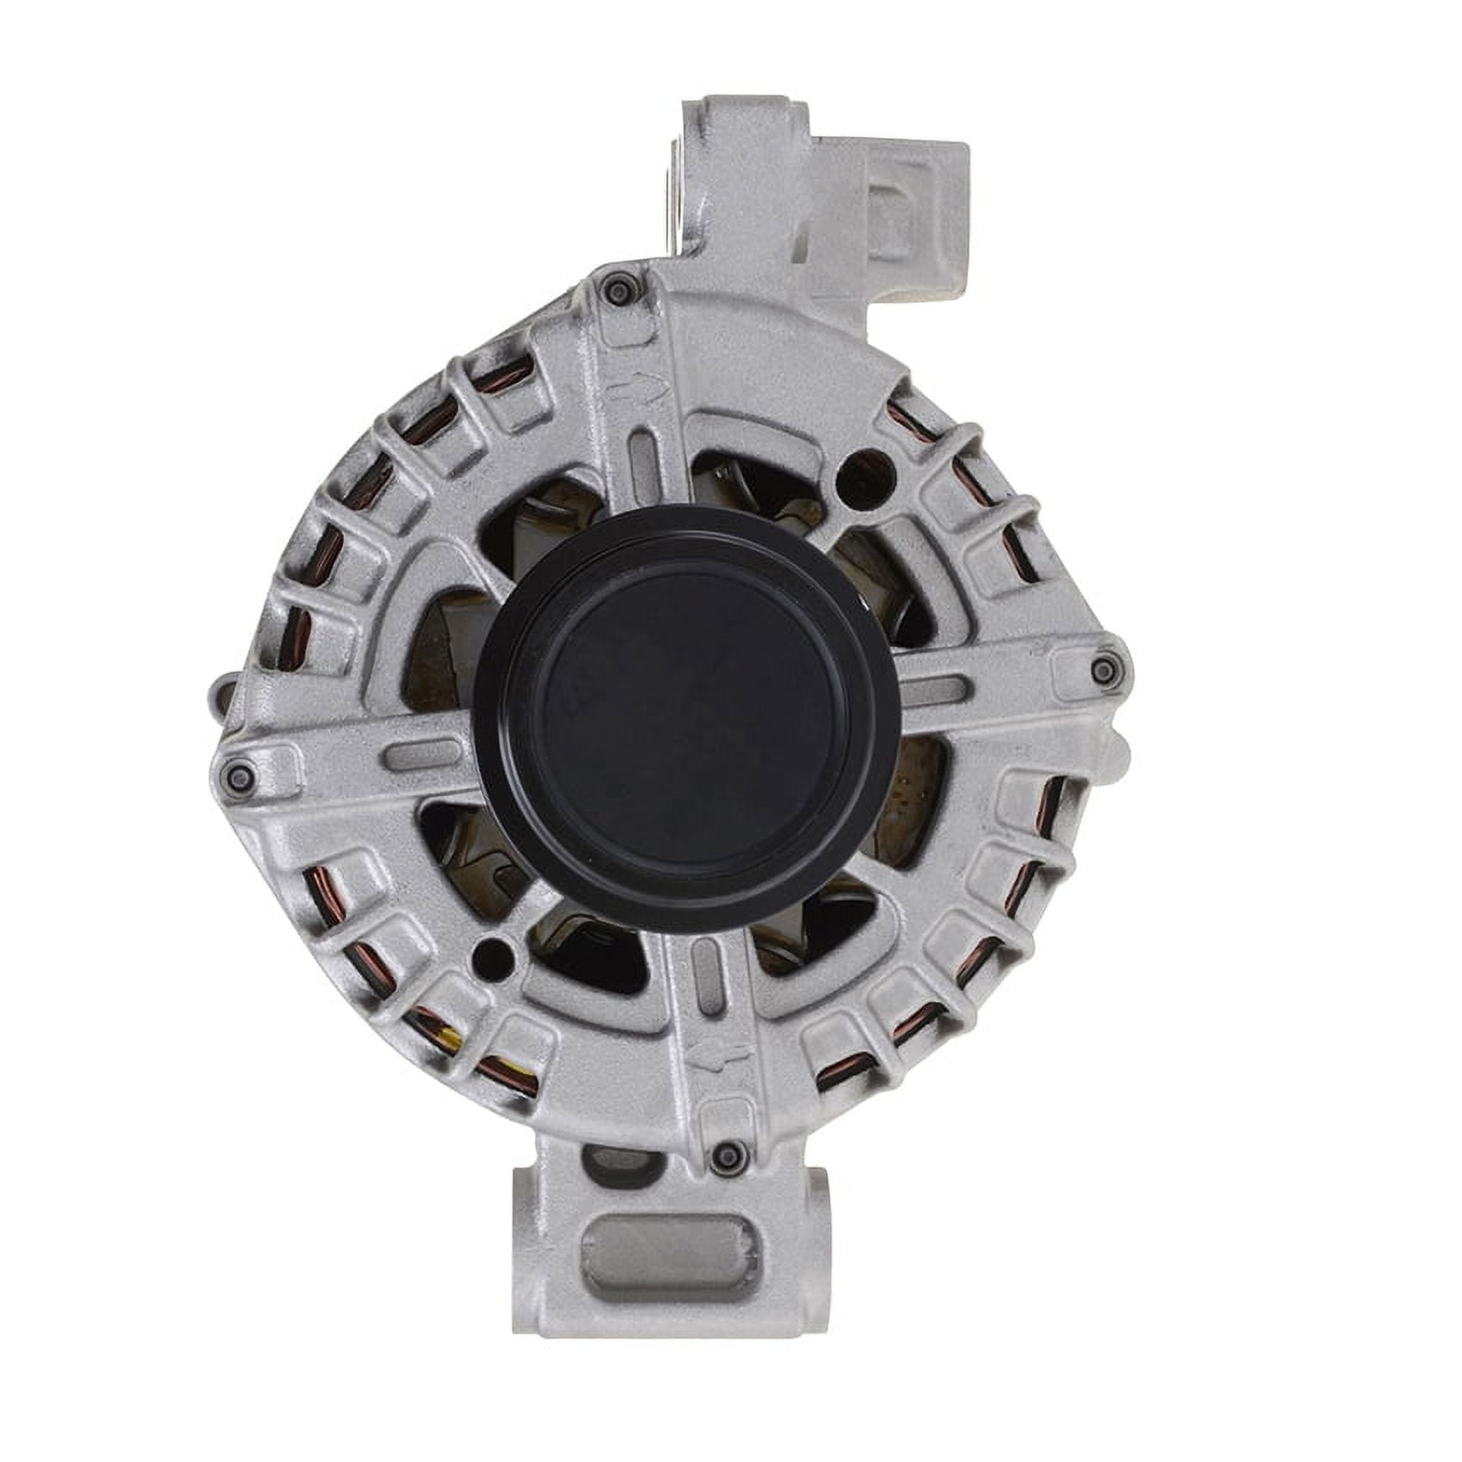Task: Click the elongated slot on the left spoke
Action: [x=421, y=757]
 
